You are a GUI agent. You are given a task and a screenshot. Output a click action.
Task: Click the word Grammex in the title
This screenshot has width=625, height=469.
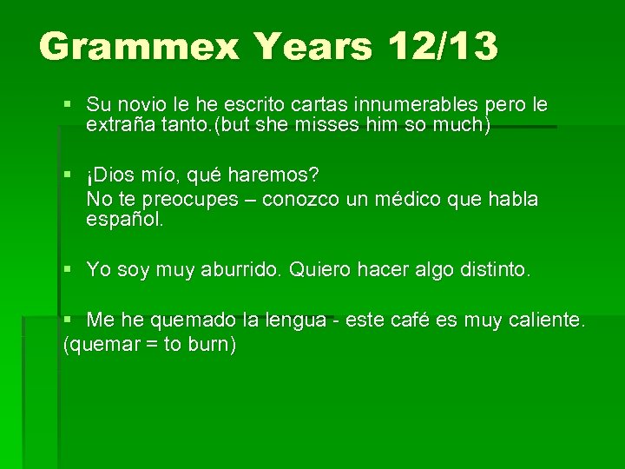click(x=138, y=46)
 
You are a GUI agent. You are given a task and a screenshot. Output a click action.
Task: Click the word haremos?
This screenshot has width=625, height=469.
click(x=272, y=175)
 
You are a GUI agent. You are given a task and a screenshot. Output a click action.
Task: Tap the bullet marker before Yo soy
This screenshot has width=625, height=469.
click(x=69, y=270)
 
